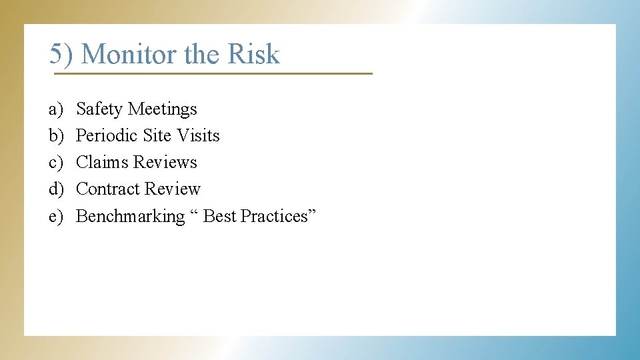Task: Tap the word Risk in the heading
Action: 253,54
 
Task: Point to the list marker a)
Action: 55,109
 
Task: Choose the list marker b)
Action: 55,135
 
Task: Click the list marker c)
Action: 55,162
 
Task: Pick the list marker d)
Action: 55,189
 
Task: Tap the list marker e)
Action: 55,216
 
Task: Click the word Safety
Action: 100,109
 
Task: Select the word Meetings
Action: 163,109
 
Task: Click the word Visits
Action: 198,135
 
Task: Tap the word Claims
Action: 103,162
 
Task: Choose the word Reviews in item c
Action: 165,162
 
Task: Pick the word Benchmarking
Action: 131,216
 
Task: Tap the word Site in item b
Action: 157,135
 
